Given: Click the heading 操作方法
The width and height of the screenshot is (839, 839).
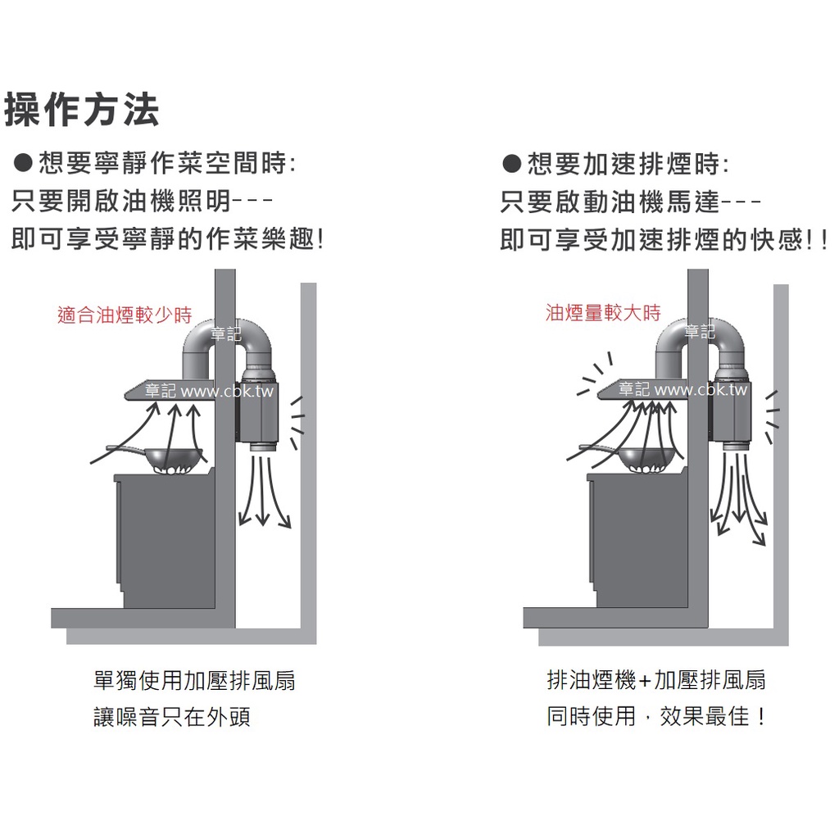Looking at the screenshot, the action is pyautogui.click(x=81, y=111).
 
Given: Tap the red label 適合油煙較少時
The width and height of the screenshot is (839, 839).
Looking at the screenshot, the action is pyautogui.click(x=125, y=315).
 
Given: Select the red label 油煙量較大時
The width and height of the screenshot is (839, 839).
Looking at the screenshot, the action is pyautogui.click(x=603, y=312).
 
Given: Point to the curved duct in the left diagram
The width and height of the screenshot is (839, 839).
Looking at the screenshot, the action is pyautogui.click(x=227, y=332).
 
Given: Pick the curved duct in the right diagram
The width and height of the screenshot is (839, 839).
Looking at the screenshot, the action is pyautogui.click(x=700, y=331).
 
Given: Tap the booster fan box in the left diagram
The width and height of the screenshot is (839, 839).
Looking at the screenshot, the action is pyautogui.click(x=256, y=411).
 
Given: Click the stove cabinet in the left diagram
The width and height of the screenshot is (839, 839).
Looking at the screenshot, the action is pyautogui.click(x=165, y=541).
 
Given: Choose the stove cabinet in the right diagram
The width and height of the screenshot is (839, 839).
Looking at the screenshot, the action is pyautogui.click(x=637, y=541).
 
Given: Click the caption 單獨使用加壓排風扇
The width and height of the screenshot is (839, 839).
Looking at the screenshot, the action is pyautogui.click(x=194, y=681).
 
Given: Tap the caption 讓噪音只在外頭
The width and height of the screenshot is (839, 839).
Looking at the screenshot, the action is pyautogui.click(x=172, y=717).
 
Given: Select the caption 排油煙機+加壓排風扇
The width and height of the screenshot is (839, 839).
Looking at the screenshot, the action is pyautogui.click(x=656, y=680).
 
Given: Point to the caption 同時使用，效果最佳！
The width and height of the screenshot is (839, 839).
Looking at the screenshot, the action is pyautogui.click(x=656, y=716).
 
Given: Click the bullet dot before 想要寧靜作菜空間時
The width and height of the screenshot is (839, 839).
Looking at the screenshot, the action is pyautogui.click(x=23, y=163).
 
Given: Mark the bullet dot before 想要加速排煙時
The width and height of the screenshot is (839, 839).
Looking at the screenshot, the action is pyautogui.click(x=511, y=164).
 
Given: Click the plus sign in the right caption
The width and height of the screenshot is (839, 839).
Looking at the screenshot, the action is pyautogui.click(x=645, y=681).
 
